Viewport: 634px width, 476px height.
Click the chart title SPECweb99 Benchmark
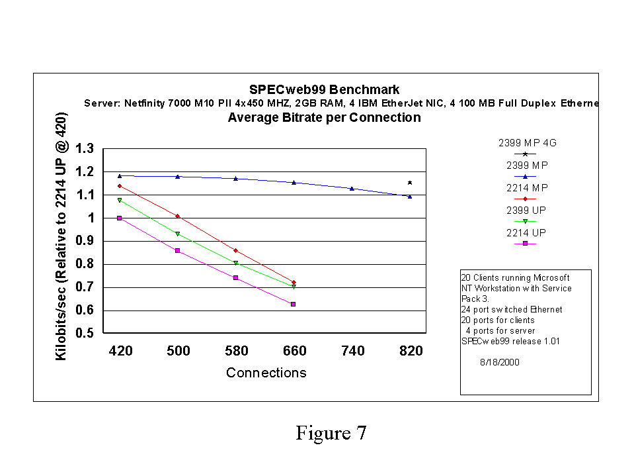[x=324, y=89]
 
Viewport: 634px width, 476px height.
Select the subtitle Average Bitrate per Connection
[x=324, y=118]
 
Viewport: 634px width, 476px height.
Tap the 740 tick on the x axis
[x=352, y=351]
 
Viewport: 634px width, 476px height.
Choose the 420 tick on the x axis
[x=120, y=351]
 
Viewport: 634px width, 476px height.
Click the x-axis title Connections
[x=266, y=373]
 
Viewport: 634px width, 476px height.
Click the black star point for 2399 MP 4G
[x=410, y=183]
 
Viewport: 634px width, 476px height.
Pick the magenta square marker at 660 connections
[x=294, y=304]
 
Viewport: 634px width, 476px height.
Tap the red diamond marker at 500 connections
[x=177, y=216]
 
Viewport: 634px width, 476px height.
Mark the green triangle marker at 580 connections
[x=235, y=263]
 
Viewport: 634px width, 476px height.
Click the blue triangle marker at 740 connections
[x=352, y=189]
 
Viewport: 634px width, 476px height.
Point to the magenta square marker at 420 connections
[x=119, y=218]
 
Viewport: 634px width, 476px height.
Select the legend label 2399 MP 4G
[x=523, y=142]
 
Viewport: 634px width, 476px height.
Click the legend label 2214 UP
[x=526, y=233]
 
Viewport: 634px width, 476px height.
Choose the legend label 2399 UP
[x=526, y=211]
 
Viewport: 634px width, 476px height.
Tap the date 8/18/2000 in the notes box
[x=498, y=362]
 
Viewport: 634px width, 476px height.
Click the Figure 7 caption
[x=331, y=434]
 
